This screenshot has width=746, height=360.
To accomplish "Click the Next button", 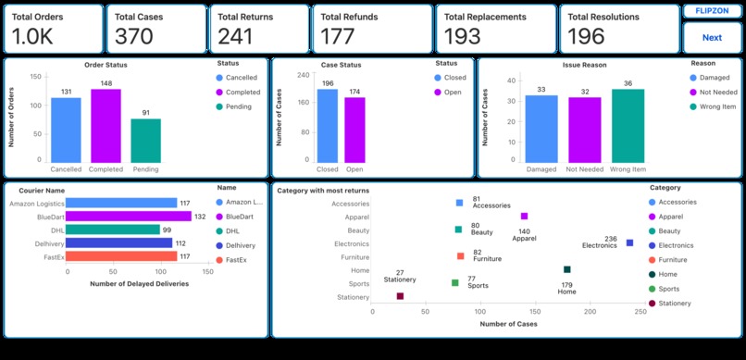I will pos(712,38).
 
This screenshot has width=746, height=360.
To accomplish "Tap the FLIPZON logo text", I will pos(712,11).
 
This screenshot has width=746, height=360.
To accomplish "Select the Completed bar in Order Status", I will pos(106,127).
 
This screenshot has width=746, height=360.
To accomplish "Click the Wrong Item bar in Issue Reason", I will pos(628,127).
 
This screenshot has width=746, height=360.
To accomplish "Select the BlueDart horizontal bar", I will pos(129,217).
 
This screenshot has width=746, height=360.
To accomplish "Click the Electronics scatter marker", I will pos(629,243).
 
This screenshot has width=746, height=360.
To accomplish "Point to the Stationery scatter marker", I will pos(400,296).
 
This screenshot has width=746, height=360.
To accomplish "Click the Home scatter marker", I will pos(566,270).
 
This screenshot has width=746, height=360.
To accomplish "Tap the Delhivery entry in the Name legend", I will pos(240,246).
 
